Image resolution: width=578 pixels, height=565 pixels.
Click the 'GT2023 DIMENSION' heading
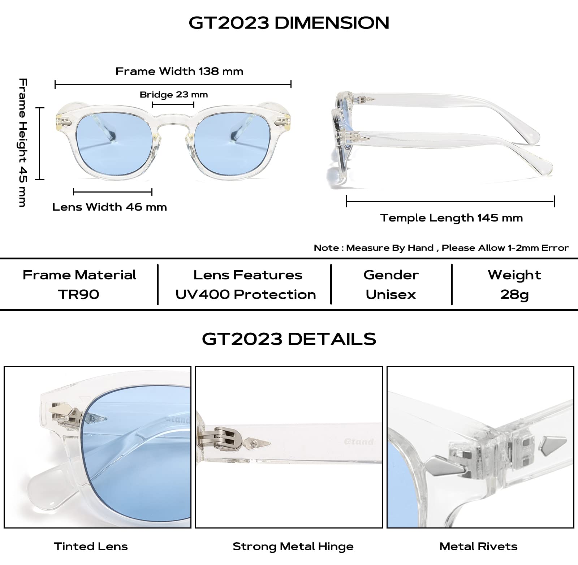pyautogui.click(x=289, y=23)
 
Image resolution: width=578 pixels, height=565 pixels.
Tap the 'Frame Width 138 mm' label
pyautogui.click(x=179, y=71)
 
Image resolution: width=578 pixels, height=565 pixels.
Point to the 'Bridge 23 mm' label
pyautogui.click(x=174, y=95)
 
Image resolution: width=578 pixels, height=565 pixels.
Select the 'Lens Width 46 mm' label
pyautogui.click(x=109, y=207)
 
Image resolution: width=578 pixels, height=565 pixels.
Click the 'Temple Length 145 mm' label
pyautogui.click(x=451, y=218)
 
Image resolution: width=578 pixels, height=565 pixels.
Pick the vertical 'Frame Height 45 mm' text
pyautogui.click(x=22, y=143)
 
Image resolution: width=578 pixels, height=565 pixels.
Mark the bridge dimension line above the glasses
pyautogui.click(x=173, y=105)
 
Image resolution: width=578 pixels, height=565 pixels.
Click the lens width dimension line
pyautogui.click(x=113, y=192)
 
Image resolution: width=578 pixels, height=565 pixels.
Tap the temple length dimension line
pyautogui.click(x=450, y=201)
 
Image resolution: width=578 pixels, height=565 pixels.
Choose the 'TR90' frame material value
pyautogui.click(x=79, y=294)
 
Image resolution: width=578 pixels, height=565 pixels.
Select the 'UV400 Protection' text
pyautogui.click(x=246, y=294)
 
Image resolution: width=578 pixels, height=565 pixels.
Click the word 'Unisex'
pyautogui.click(x=391, y=294)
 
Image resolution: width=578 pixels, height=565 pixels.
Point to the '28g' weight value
pyautogui.click(x=514, y=295)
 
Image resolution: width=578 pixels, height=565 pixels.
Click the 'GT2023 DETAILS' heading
pyautogui.click(x=289, y=339)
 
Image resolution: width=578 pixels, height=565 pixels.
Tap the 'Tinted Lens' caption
pyautogui.click(x=91, y=546)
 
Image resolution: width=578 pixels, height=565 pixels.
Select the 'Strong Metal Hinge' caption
pyautogui.click(x=293, y=547)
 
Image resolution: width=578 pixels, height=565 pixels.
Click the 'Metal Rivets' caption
pyautogui.click(x=478, y=546)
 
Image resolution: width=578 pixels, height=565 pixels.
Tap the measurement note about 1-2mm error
pyautogui.click(x=441, y=248)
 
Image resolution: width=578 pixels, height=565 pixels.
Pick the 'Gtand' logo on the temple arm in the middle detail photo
pyautogui.click(x=359, y=441)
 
